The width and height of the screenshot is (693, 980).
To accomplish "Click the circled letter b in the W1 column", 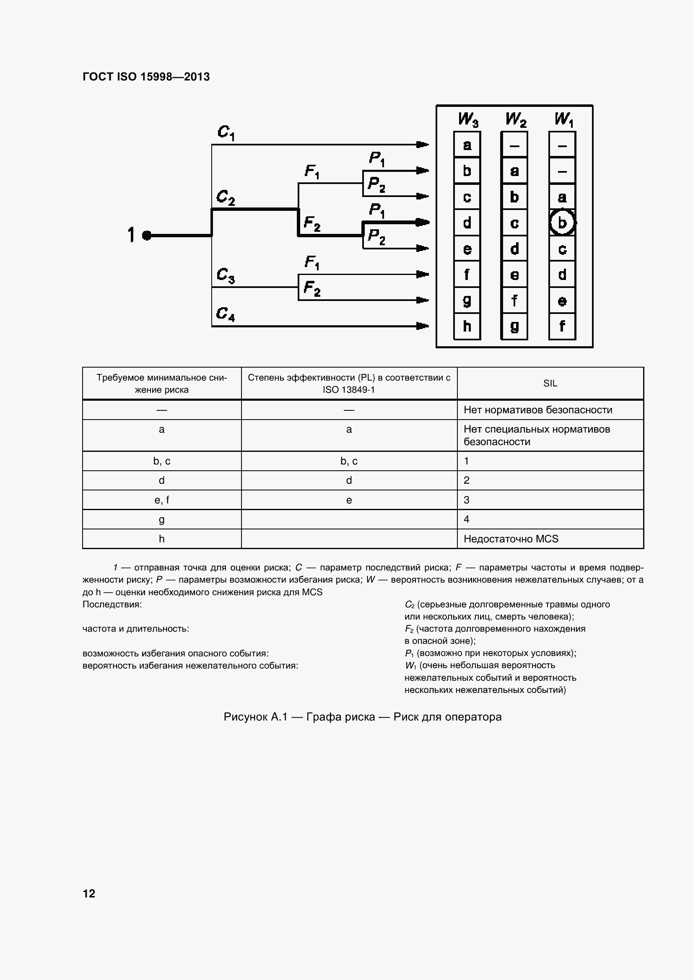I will click(x=562, y=223).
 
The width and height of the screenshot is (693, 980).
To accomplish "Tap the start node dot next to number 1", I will click(x=146, y=235).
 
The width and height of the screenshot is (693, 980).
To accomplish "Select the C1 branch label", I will click(x=226, y=132).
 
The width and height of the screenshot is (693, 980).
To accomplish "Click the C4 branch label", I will click(x=226, y=314).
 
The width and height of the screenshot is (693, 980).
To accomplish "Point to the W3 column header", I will click(x=467, y=119).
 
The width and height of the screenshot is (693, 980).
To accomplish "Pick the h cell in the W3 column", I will click(x=467, y=327).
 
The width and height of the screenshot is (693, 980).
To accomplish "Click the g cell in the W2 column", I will click(x=514, y=327).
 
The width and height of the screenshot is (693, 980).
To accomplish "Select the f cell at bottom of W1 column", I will click(x=562, y=327).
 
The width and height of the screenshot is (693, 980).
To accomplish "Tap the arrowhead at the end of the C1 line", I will click(x=422, y=145).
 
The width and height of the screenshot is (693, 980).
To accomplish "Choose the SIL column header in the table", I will click(x=550, y=383).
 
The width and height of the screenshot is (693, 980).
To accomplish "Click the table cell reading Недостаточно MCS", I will click(x=511, y=539).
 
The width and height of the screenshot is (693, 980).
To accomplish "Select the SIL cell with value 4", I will click(x=466, y=519).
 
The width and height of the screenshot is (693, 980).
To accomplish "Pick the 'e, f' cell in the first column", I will click(x=161, y=500).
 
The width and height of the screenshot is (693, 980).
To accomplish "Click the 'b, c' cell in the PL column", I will click(x=349, y=461).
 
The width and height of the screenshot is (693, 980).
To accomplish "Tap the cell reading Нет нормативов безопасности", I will click(x=537, y=410).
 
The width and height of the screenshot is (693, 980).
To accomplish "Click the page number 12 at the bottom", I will click(x=89, y=893).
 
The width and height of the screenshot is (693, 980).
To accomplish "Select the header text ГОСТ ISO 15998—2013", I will click(x=146, y=77).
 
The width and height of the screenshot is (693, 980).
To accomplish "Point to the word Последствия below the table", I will click(x=112, y=604).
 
